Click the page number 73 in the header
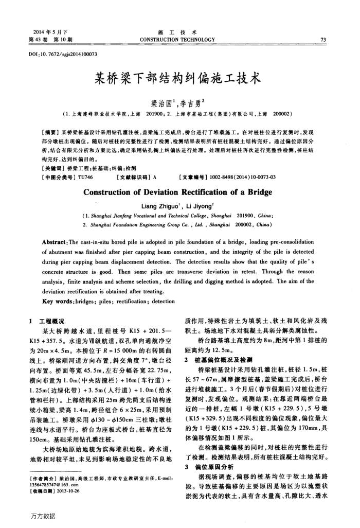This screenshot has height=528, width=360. tap(322, 39)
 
